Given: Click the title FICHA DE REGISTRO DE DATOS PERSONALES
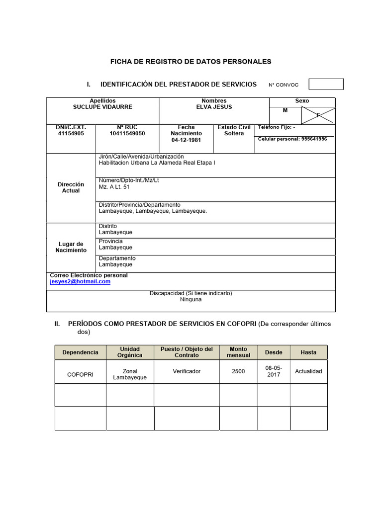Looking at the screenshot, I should click(191, 62).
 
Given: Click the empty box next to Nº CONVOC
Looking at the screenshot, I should click(326, 85).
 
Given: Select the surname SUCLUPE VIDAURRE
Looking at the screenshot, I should click(102, 107).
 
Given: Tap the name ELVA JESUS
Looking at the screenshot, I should click(214, 107).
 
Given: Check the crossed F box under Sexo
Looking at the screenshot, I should click(318, 115).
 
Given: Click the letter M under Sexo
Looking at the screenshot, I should click(286, 110).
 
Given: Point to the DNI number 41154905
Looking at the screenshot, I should click(71, 134).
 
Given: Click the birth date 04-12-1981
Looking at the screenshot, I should click(186, 140).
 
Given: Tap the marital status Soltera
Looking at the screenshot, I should click(234, 134).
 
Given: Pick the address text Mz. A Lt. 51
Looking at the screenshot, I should click(114, 187).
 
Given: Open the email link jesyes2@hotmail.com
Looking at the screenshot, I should click(80, 281).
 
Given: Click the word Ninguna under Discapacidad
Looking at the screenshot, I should click(191, 300).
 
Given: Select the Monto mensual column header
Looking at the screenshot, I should click(238, 352).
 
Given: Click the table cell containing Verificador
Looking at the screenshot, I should click(187, 371).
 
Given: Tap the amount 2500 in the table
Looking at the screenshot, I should click(238, 371).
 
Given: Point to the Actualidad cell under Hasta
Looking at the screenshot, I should click(308, 371).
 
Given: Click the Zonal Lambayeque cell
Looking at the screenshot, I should click(130, 374).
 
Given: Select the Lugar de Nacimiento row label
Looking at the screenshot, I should click(71, 247).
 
